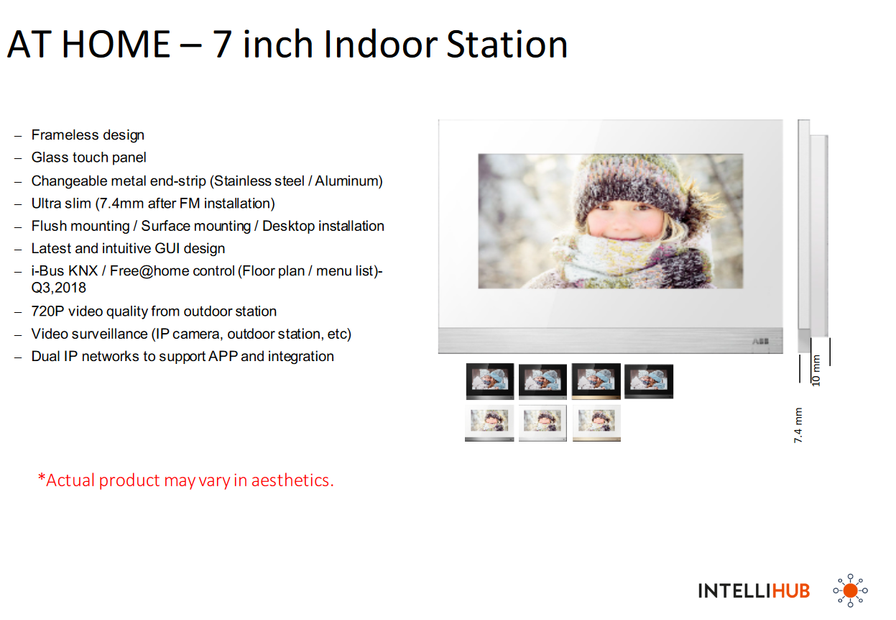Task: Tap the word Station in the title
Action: click(x=507, y=44)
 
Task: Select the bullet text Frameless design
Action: click(x=88, y=135)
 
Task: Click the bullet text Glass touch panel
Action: click(x=89, y=158)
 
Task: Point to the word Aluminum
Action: click(x=346, y=181)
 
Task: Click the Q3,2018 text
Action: click(x=59, y=288)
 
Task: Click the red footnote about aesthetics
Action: click(x=185, y=480)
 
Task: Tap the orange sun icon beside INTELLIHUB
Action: click(x=851, y=591)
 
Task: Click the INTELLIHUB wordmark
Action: click(x=754, y=591)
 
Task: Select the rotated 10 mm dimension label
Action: click(x=816, y=370)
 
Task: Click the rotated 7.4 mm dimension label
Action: click(x=798, y=425)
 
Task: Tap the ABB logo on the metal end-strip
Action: click(x=760, y=341)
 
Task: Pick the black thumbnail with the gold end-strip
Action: click(x=596, y=381)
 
